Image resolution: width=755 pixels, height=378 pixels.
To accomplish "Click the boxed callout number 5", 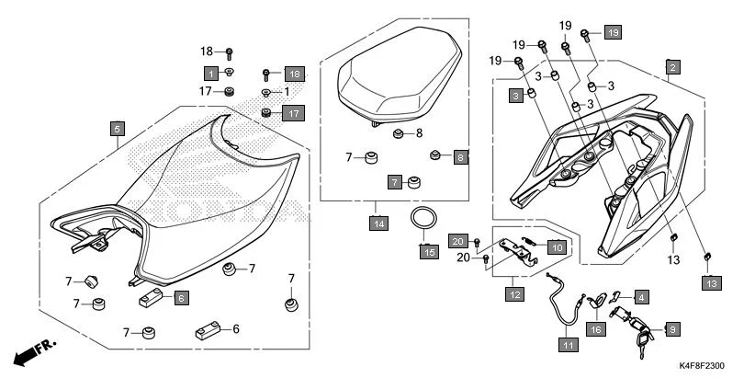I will pyautogui.click(x=118, y=129).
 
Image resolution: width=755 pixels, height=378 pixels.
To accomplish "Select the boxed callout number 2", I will pyautogui.click(x=672, y=67).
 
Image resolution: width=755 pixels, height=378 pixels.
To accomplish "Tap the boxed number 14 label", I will pyautogui.click(x=378, y=223).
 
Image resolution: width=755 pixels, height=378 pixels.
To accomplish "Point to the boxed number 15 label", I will pyautogui.click(x=428, y=251).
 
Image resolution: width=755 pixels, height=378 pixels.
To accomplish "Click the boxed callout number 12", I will pyautogui.click(x=515, y=294).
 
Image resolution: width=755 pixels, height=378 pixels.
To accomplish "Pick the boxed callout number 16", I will pyautogui.click(x=595, y=327).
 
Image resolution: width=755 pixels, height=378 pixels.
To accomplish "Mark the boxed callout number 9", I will pyautogui.click(x=672, y=328).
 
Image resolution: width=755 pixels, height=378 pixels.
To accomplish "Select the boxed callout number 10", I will pyautogui.click(x=556, y=246).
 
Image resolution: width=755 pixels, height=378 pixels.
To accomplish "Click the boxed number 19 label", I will pyautogui.click(x=613, y=32).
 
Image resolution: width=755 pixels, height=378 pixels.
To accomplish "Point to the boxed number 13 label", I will pyautogui.click(x=712, y=284).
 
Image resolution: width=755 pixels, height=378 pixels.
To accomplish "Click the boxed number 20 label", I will pyautogui.click(x=458, y=241).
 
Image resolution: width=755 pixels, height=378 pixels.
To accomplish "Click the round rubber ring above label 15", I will pyautogui.click(x=423, y=221).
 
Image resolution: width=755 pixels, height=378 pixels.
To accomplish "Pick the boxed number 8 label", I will pyautogui.click(x=461, y=157).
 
